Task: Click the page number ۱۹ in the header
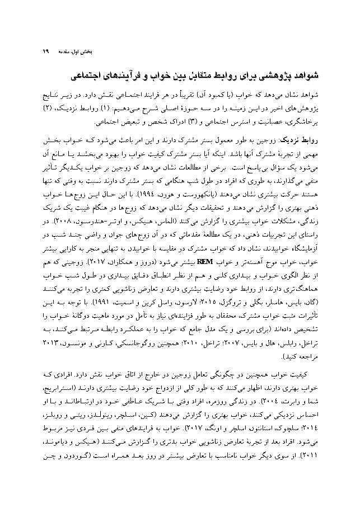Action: click(x=45, y=53)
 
